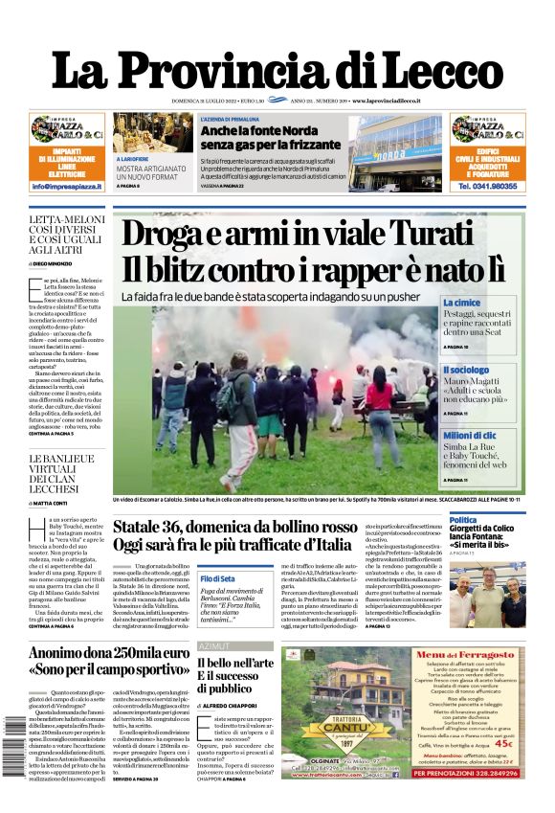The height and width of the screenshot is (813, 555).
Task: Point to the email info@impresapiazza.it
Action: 67,186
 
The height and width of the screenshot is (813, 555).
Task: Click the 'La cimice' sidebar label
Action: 461,303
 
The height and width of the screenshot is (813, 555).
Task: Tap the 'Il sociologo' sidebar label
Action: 466,370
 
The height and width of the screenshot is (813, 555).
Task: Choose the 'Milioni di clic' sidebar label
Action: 469,436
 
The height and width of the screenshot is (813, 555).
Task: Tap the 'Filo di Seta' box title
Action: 217,579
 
